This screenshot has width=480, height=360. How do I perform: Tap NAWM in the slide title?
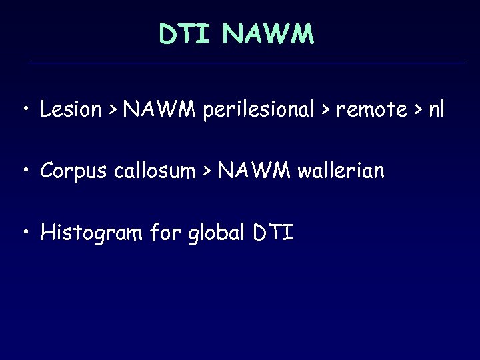pyautogui.click(x=268, y=34)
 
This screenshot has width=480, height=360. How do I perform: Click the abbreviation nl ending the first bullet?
pyautogui.click(x=436, y=109)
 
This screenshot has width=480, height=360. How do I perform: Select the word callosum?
pyautogui.click(x=153, y=171)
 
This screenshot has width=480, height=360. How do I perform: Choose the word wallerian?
pyautogui.click(x=341, y=171)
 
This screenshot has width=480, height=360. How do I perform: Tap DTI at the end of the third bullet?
pyautogui.click(x=273, y=233)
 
